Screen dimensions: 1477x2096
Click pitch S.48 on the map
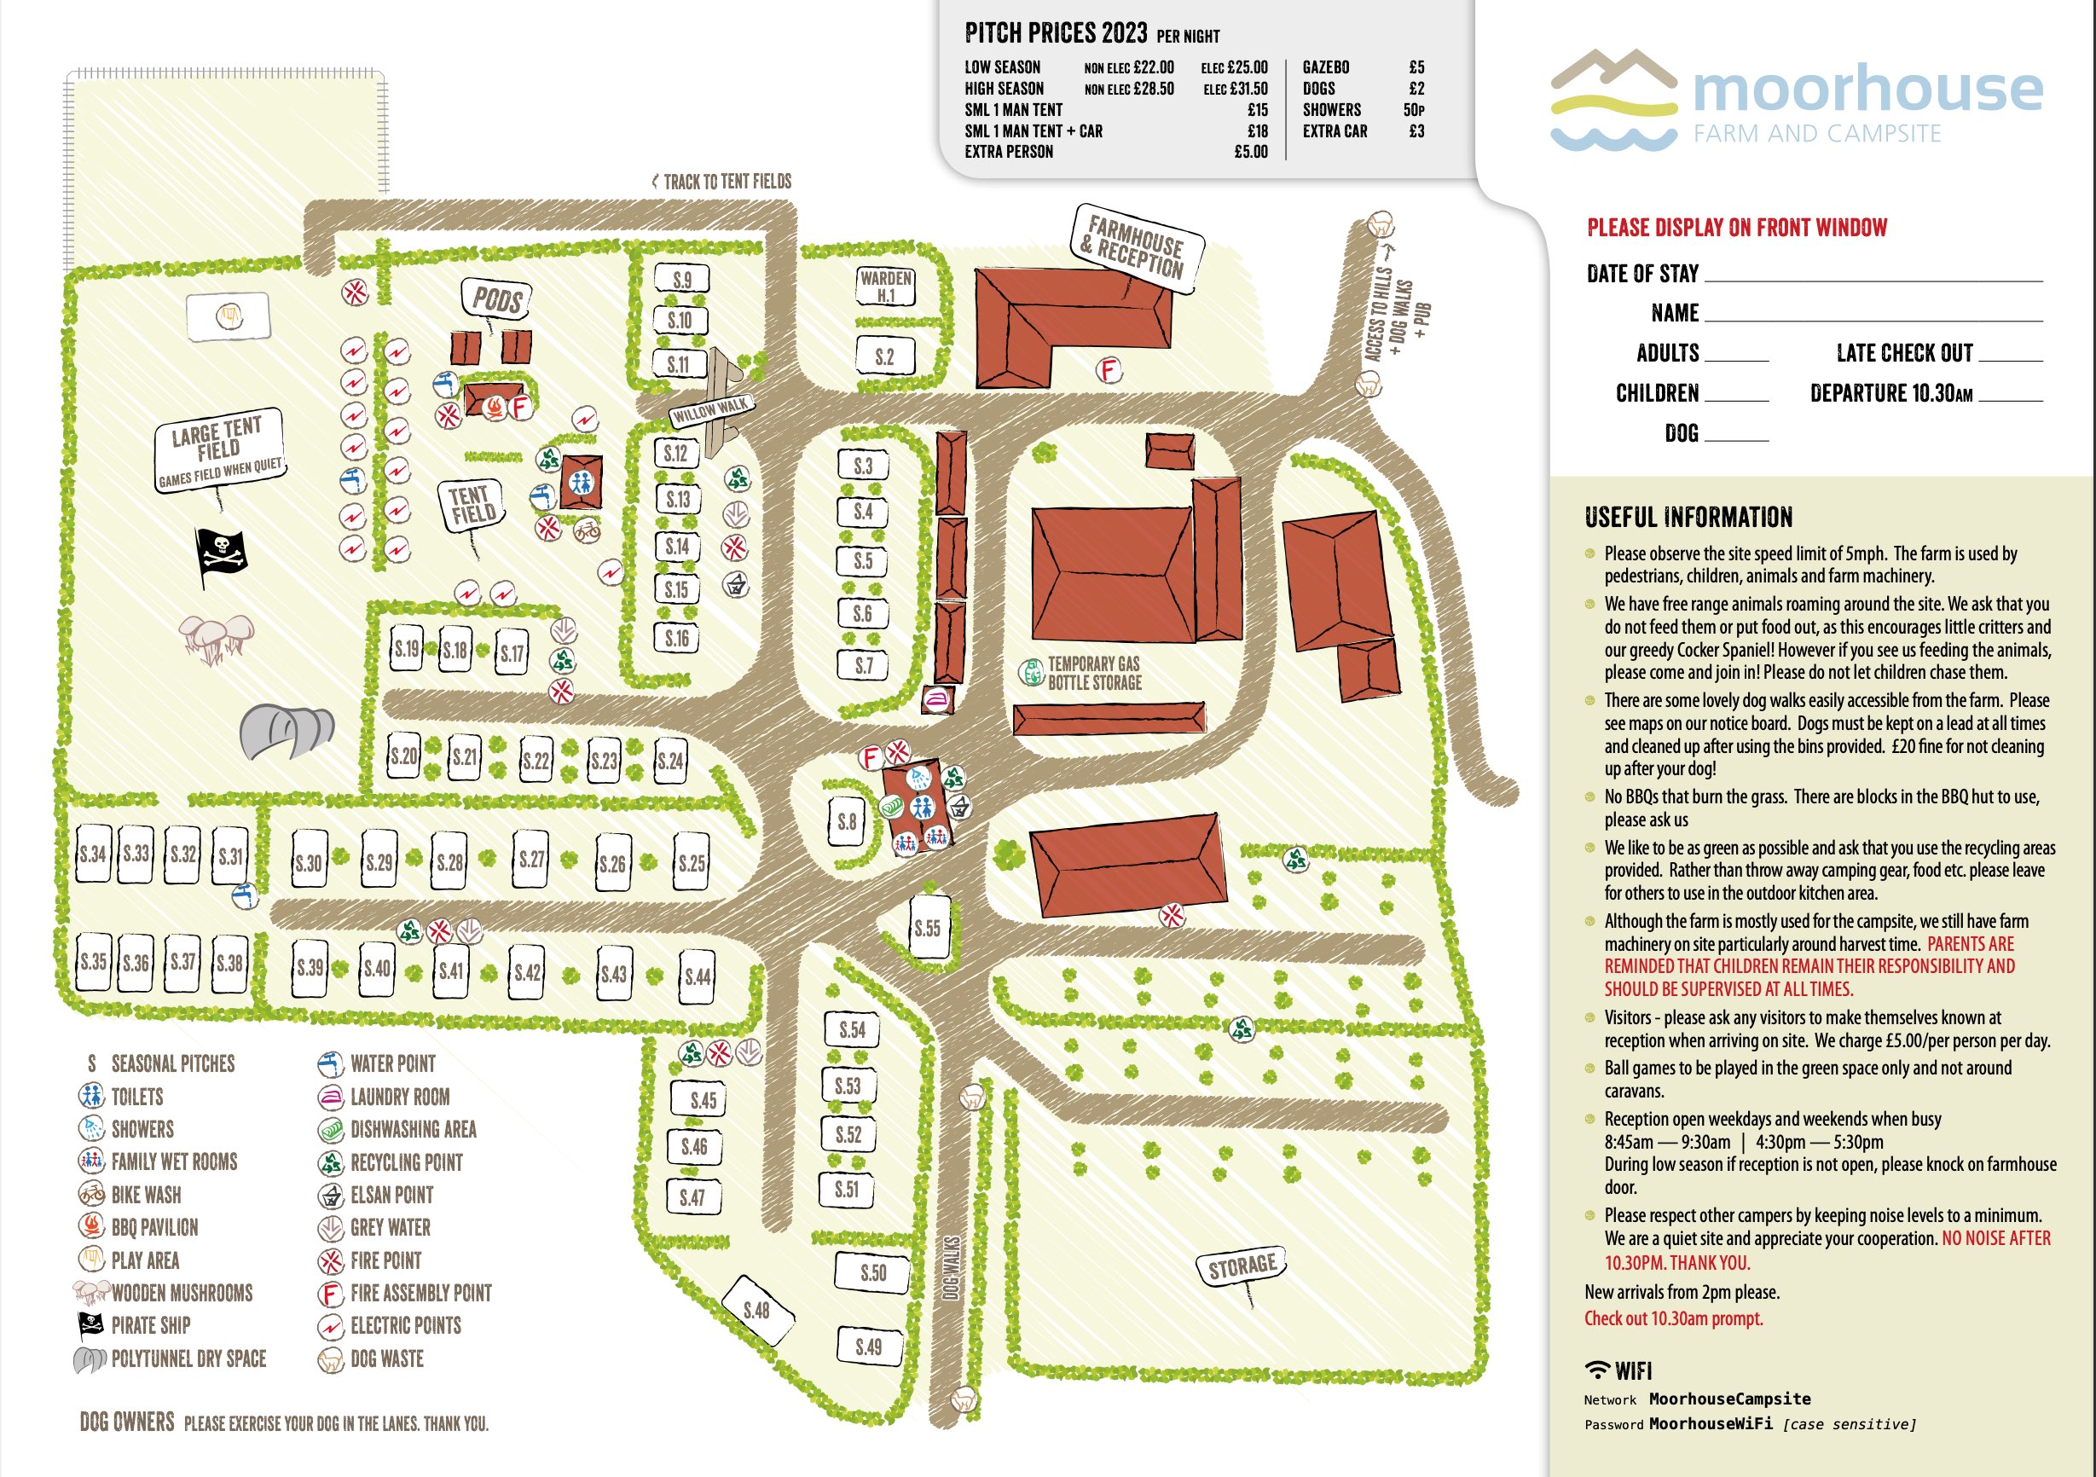[x=756, y=1311]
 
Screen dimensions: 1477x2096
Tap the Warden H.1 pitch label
[x=885, y=287]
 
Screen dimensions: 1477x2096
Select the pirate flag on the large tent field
[x=220, y=553]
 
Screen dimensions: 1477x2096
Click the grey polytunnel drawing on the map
[x=286, y=729]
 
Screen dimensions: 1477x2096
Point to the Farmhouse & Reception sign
[x=1136, y=246]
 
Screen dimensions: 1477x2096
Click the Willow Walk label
[x=710, y=411]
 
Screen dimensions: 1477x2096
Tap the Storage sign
[x=1242, y=1267]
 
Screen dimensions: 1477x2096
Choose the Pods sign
[x=496, y=298]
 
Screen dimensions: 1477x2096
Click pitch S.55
[x=928, y=929]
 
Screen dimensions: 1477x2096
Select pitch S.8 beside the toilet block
[x=847, y=821]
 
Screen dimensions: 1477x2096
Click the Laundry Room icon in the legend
[x=329, y=1097]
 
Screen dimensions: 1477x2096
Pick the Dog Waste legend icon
[x=329, y=1359]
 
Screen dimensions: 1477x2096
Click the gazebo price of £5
[x=1416, y=67]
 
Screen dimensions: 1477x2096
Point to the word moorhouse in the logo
[x=1867, y=90]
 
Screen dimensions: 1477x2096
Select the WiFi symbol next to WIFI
[x=1596, y=1370]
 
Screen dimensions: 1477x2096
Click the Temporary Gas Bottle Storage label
[x=1094, y=674]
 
